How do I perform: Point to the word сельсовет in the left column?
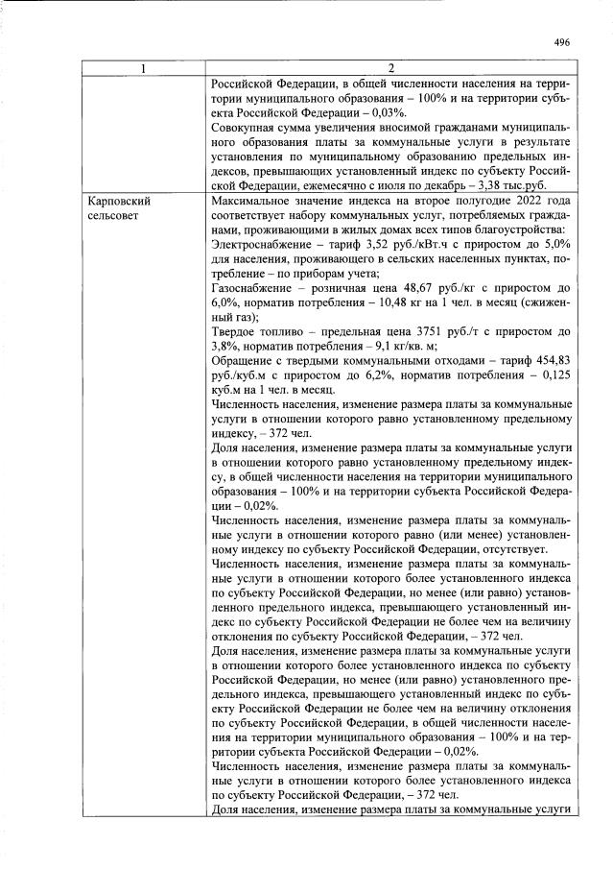(115, 217)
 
